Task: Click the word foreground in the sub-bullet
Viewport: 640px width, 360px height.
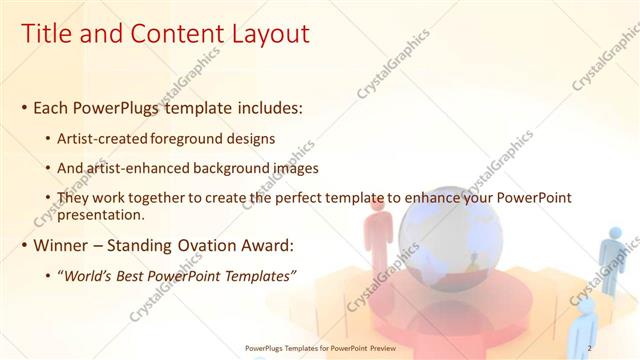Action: [x=215, y=138]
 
